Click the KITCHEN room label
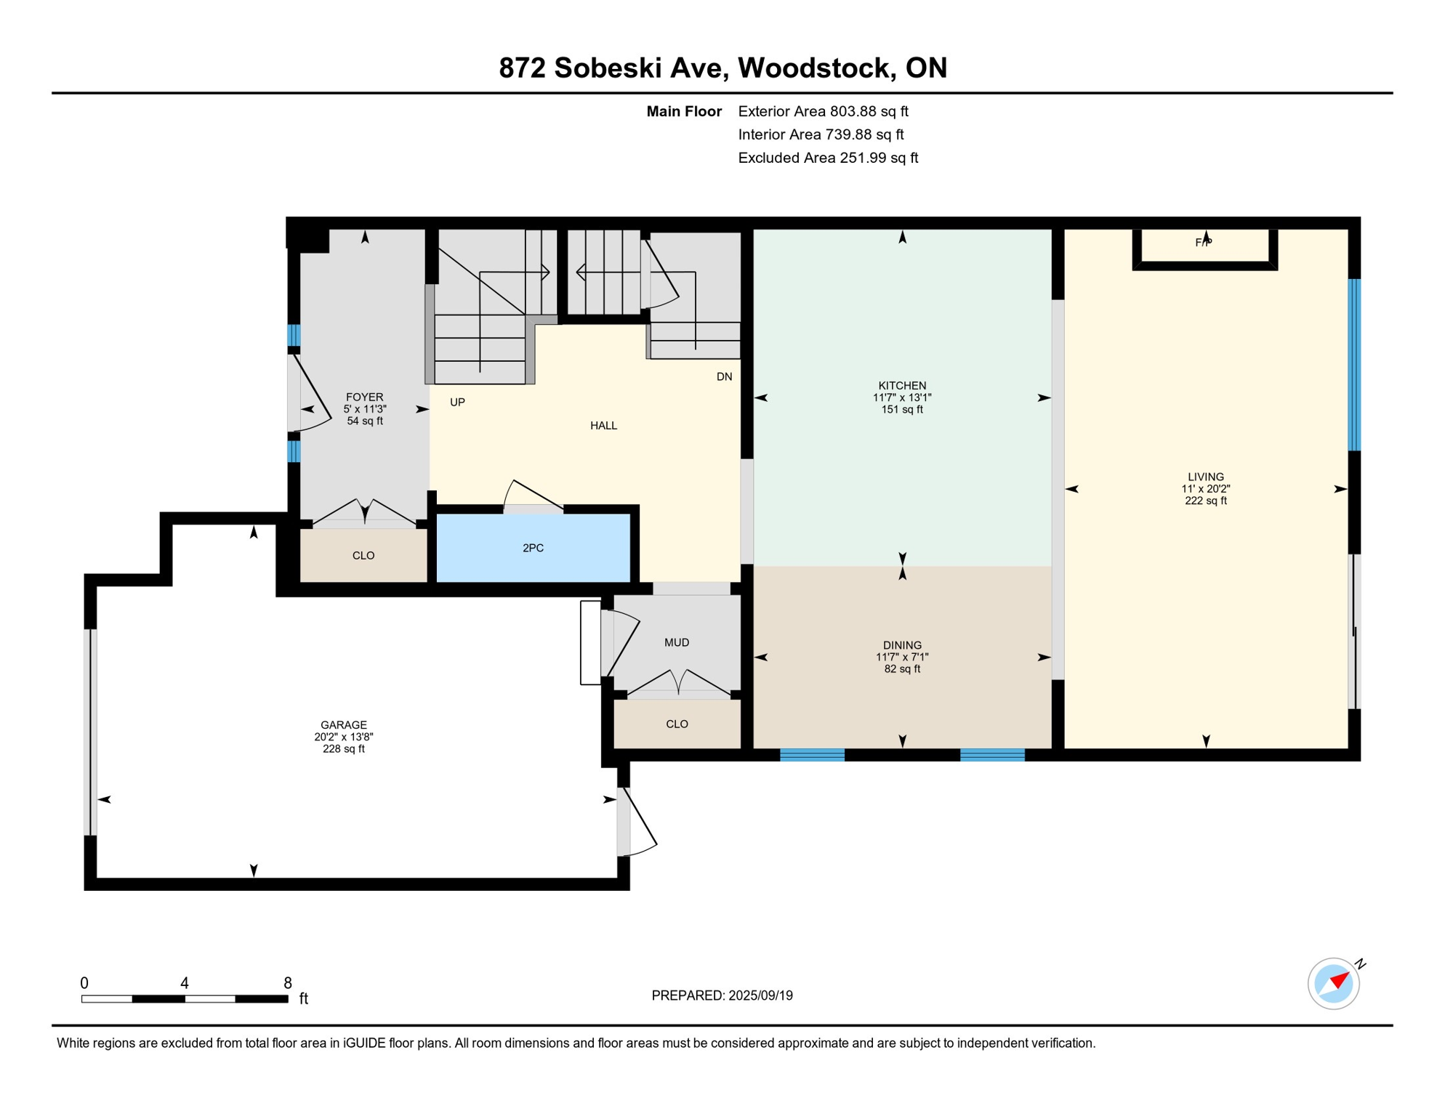pyautogui.click(x=902, y=386)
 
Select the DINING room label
pyautogui.click(x=902, y=645)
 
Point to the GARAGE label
pyautogui.click(x=344, y=725)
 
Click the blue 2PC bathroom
pyautogui.click(x=533, y=549)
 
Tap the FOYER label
pyautogui.click(x=364, y=397)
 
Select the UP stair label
pyautogui.click(x=457, y=403)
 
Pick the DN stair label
pyautogui.click(x=724, y=377)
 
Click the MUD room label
pyautogui.click(x=677, y=642)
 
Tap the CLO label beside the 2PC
pyautogui.click(x=363, y=556)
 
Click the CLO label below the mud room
pyautogui.click(x=677, y=724)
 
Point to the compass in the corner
pyautogui.click(x=1334, y=984)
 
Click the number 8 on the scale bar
pyautogui.click(x=288, y=983)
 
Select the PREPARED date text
pyautogui.click(x=722, y=996)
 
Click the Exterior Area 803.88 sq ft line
pyautogui.click(x=823, y=111)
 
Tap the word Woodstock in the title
pyautogui.click(x=816, y=68)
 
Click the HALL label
pyautogui.click(x=603, y=426)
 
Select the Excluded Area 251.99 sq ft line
pyautogui.click(x=828, y=158)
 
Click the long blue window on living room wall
pyautogui.click(x=1354, y=365)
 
